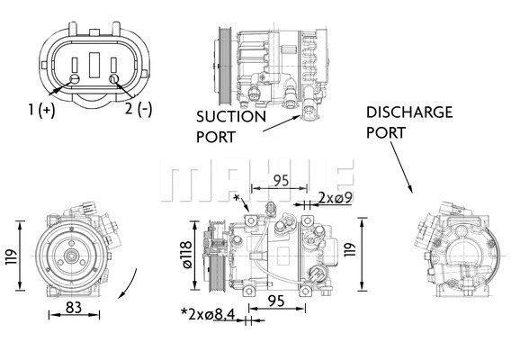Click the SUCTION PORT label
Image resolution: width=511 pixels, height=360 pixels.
tap(230, 126)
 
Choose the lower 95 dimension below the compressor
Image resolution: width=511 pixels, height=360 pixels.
tap(275, 301)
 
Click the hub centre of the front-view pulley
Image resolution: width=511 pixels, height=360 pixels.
tap(69, 256)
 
